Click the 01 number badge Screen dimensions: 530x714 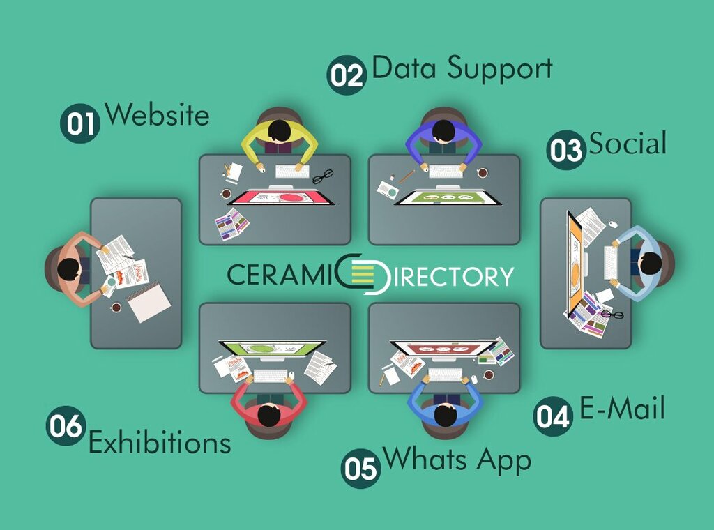[x=80, y=123]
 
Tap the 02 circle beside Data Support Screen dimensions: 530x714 [x=347, y=74]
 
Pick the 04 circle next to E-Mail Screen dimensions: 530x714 [x=553, y=416]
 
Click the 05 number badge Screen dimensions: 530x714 [x=360, y=467]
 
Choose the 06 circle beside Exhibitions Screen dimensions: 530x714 [x=66, y=425]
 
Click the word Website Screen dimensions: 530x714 [x=157, y=114]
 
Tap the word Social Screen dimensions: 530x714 [x=628, y=144]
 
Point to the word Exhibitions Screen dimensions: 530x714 [x=160, y=442]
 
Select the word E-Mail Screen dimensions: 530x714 [x=622, y=408]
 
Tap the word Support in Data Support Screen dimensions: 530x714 [x=500, y=69]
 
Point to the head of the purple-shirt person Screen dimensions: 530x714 [x=443, y=130]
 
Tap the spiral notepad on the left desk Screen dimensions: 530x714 [x=149, y=302]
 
